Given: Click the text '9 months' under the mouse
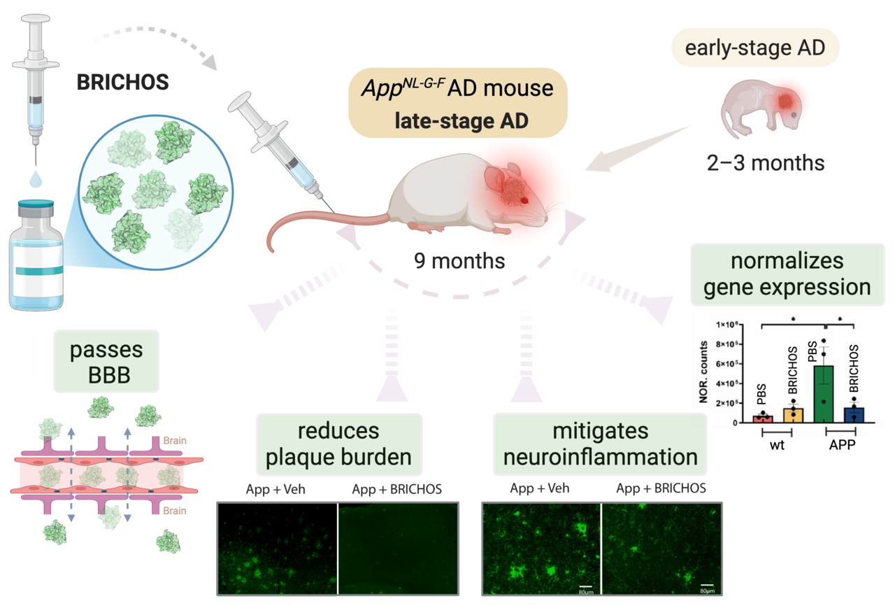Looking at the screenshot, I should point(459,262).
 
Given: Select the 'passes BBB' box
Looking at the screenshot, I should point(106,360).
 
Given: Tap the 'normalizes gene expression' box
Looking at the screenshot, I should point(787,275).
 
